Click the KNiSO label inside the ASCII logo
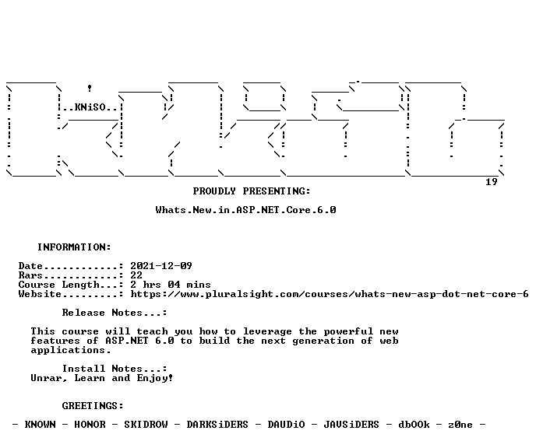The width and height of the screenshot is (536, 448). click(x=90, y=107)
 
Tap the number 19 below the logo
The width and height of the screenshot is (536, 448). click(x=492, y=182)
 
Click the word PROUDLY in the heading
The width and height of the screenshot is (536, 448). click(x=214, y=191)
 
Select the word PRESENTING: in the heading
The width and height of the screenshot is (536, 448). click(x=277, y=191)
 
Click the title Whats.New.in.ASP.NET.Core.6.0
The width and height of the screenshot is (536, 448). click(x=245, y=210)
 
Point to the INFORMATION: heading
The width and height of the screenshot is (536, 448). click(x=74, y=247)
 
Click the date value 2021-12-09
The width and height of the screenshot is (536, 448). click(x=161, y=266)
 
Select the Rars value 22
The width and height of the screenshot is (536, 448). click(x=136, y=275)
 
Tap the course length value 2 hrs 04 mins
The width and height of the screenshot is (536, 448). click(x=171, y=285)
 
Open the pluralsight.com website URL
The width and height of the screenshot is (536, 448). click(x=330, y=294)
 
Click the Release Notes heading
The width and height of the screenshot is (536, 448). click(x=115, y=313)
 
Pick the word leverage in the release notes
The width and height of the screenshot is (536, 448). click(x=267, y=331)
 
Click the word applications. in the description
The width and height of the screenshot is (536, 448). click(x=71, y=350)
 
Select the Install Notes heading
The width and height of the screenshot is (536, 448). click(x=115, y=369)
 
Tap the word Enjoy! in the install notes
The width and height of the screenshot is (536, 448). click(x=155, y=378)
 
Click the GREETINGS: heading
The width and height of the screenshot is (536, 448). click(x=93, y=406)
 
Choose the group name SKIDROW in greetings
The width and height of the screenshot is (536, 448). click(x=146, y=425)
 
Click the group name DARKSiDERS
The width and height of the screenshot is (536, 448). click(x=217, y=425)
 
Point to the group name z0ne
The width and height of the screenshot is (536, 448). click(x=460, y=425)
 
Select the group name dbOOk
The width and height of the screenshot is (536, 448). click(x=414, y=425)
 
